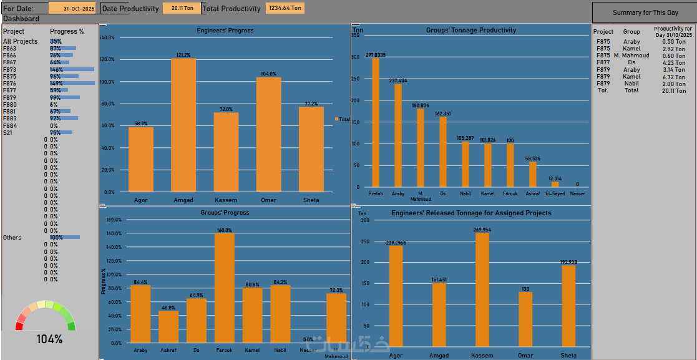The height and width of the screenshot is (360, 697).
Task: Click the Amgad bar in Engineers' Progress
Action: pyautogui.click(x=183, y=125)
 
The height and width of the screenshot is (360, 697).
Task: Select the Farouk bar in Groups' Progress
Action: pyautogui.click(x=225, y=288)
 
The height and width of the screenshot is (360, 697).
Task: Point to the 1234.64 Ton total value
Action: pyautogui.click(x=285, y=9)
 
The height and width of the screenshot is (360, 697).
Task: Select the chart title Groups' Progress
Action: pyautogui.click(x=225, y=213)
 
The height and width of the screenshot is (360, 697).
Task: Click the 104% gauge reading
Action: pyautogui.click(x=49, y=339)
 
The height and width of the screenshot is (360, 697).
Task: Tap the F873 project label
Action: pyautogui.click(x=10, y=69)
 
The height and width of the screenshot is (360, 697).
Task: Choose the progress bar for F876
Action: pyautogui.click(x=72, y=83)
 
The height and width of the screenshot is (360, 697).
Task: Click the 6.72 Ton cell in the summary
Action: pyautogui.click(x=674, y=77)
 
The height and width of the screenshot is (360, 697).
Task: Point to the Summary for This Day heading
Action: pyautogui.click(x=645, y=12)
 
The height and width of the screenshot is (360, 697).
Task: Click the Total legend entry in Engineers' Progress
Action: pyautogui.click(x=343, y=119)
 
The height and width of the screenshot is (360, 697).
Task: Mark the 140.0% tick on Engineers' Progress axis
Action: pyautogui.click(x=107, y=37)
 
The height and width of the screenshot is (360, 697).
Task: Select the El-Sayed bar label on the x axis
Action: pyautogui.click(x=555, y=193)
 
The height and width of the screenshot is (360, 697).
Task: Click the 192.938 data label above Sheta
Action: pyautogui.click(x=568, y=262)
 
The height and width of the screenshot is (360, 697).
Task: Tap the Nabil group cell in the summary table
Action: pyautogui.click(x=631, y=84)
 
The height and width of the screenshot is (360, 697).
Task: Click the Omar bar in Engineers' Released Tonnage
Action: pyautogui.click(x=525, y=319)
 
